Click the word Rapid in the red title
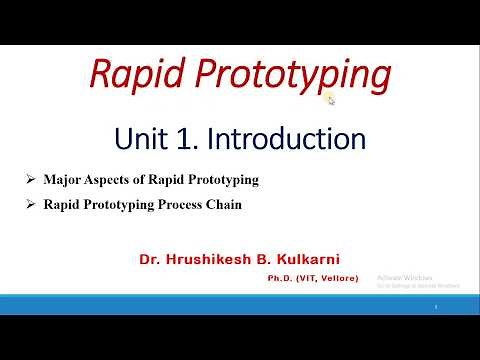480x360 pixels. (x=129, y=73)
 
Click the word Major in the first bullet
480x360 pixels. (x=63, y=180)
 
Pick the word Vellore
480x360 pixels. (x=341, y=279)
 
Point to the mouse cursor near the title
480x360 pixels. (x=330, y=98)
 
